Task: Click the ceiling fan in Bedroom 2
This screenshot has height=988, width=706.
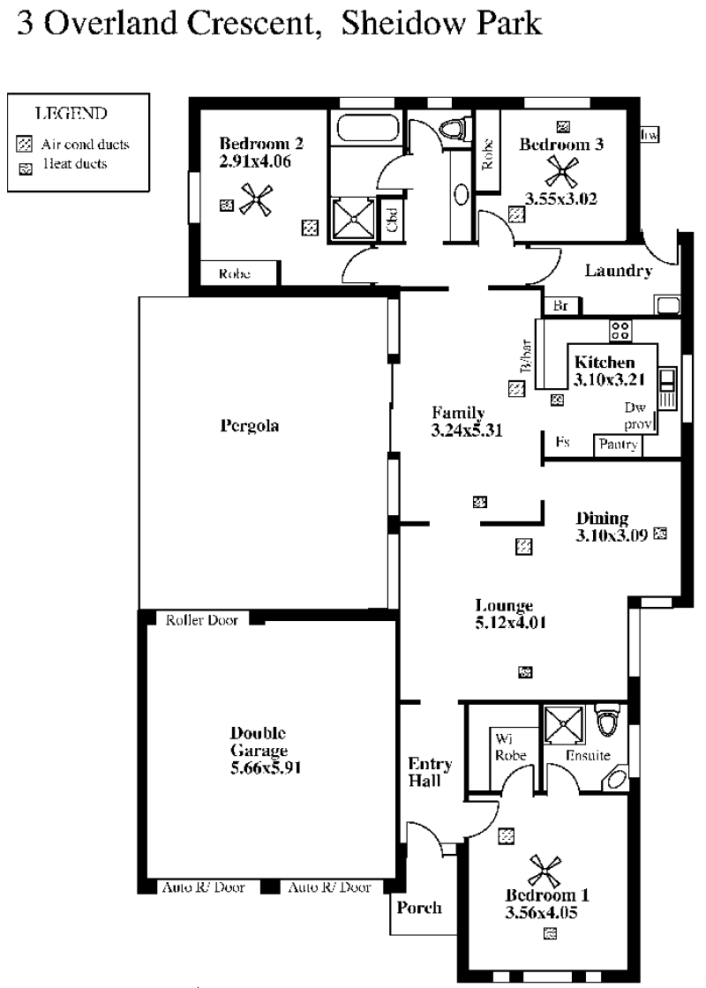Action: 257,199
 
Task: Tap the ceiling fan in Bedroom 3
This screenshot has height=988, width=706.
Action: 560,171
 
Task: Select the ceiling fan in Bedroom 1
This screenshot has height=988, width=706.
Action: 545,871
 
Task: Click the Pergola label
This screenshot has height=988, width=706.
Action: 250,427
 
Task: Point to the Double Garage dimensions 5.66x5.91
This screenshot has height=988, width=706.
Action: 266,768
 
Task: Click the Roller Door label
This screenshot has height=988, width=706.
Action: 202,621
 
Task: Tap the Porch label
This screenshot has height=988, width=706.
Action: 419,908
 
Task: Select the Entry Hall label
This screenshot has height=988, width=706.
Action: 430,773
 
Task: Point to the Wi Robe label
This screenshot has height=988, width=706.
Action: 510,747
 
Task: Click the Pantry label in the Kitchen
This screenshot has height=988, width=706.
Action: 619,445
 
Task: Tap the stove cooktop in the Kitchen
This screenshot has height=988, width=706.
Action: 620,331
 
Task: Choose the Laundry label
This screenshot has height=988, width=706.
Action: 619,271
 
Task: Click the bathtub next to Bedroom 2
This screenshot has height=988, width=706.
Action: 368,129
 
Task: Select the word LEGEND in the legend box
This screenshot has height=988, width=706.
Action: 71,114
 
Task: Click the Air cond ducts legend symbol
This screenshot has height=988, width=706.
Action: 25,145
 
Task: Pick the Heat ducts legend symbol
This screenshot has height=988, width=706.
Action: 26,168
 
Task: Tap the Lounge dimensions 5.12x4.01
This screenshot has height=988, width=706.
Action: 511,623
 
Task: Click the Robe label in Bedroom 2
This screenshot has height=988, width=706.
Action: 235,274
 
